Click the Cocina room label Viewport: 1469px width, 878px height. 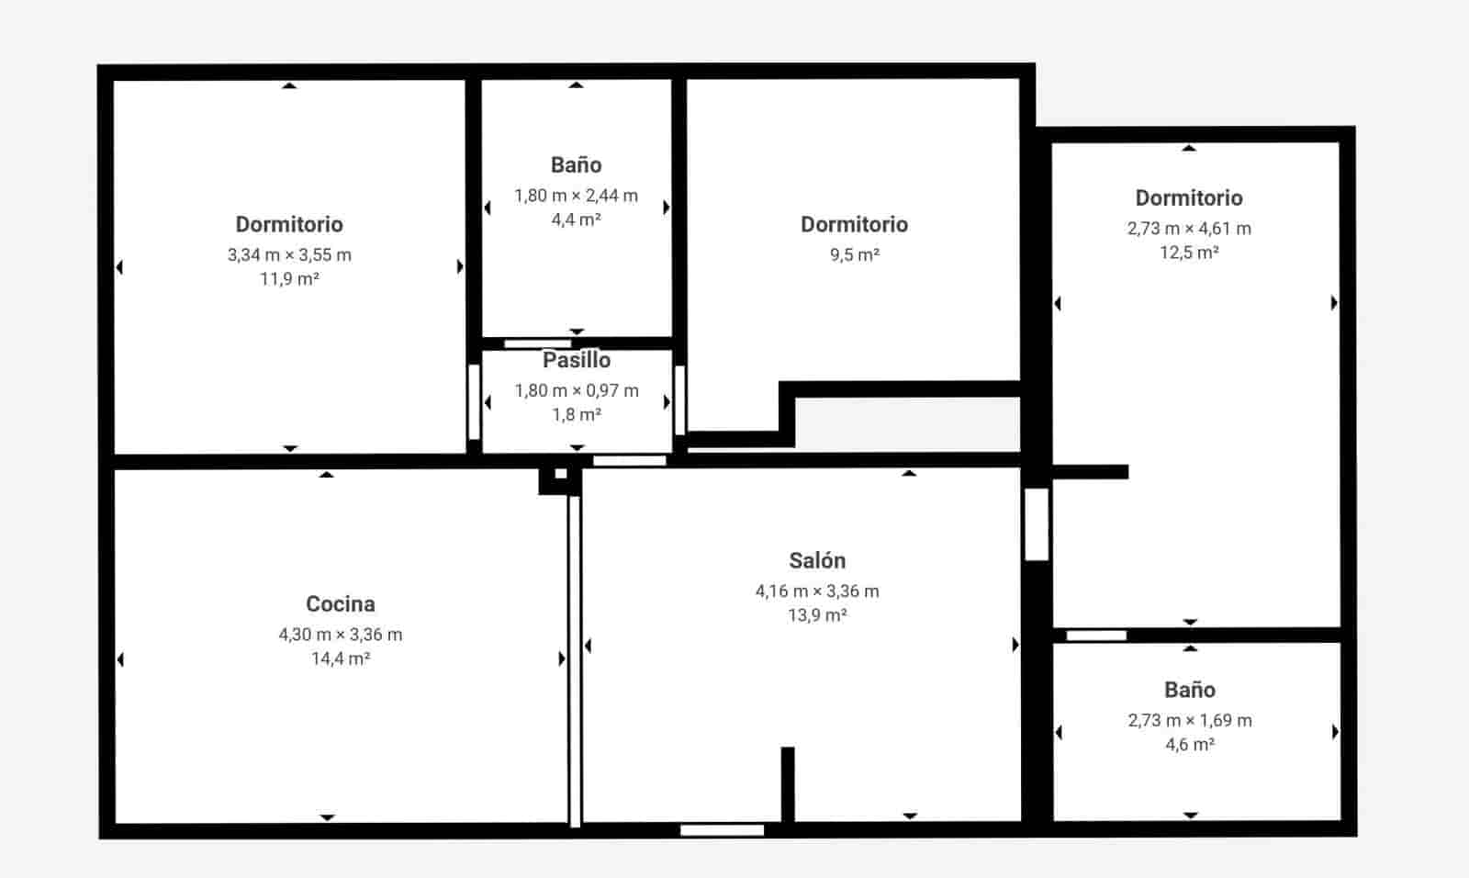click(x=340, y=603)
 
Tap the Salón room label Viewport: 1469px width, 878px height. click(x=817, y=560)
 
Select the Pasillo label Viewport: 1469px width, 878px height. click(x=577, y=360)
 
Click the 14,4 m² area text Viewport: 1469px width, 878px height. click(x=340, y=658)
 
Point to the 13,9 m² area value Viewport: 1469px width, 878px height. click(x=817, y=615)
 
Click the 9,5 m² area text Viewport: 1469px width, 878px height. click(x=855, y=255)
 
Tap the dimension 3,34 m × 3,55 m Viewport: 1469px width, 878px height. click(x=289, y=255)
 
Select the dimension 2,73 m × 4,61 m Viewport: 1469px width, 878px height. click(x=1189, y=229)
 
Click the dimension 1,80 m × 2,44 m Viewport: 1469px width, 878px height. click(x=576, y=196)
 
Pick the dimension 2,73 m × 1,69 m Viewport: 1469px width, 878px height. click(x=1190, y=721)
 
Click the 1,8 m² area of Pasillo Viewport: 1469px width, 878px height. click(x=577, y=415)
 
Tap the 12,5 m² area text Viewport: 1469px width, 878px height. click(x=1189, y=253)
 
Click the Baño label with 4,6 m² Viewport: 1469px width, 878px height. click(x=1190, y=690)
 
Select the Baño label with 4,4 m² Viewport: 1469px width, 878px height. click(x=576, y=165)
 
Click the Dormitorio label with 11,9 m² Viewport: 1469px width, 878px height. click(x=289, y=224)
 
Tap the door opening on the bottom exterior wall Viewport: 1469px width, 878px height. click(x=722, y=830)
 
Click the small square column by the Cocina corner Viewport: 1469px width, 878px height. click(x=560, y=475)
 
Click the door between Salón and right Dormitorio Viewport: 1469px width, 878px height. click(x=1037, y=523)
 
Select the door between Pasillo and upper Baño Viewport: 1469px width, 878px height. click(x=537, y=343)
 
